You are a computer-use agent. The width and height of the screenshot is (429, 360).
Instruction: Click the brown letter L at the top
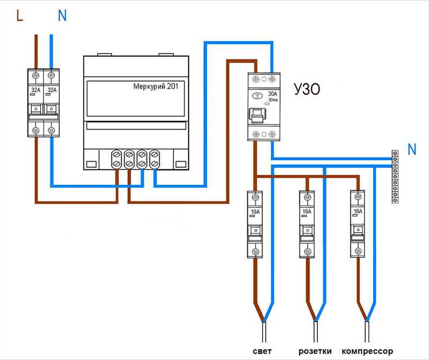tap(19, 16)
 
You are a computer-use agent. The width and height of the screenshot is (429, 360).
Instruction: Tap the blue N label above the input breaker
tap(62, 16)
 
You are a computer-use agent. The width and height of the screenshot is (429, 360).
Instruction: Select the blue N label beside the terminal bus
tap(412, 149)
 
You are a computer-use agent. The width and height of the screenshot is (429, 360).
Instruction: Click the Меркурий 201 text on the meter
tap(156, 86)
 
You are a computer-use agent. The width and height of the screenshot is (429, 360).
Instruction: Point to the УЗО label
tap(307, 89)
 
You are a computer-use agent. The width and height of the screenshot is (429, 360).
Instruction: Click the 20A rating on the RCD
tap(272, 94)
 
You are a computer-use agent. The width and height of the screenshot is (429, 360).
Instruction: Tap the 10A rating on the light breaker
tap(255, 212)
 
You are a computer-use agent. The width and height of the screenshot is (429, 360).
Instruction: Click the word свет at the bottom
tap(262, 351)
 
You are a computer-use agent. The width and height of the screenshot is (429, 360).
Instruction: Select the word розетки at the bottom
tap(315, 351)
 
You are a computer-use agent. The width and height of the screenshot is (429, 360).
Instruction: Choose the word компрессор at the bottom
tap(367, 351)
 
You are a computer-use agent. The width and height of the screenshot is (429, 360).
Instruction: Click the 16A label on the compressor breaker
tap(358, 211)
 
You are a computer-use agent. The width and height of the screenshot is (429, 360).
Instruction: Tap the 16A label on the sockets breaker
tap(307, 211)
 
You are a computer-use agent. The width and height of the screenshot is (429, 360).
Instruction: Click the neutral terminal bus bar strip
tap(395, 177)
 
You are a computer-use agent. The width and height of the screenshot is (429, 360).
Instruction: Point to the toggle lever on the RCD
tap(257, 116)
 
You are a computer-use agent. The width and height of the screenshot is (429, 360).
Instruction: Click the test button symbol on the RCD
tap(257, 96)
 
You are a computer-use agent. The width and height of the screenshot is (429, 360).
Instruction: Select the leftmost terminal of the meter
tap(116, 159)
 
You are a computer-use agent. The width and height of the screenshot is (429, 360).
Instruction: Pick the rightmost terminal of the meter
tap(154, 159)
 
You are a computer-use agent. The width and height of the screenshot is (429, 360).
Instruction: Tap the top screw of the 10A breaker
tap(255, 197)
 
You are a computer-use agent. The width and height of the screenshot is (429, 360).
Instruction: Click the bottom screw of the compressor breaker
tap(358, 251)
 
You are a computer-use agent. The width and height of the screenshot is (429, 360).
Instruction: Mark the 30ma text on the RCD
tap(273, 100)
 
